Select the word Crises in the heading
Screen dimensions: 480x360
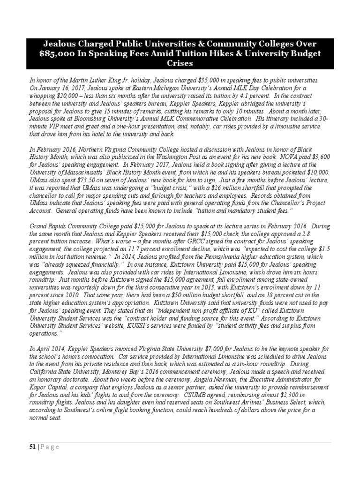(180, 63)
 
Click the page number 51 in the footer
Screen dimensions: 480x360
(31, 447)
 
